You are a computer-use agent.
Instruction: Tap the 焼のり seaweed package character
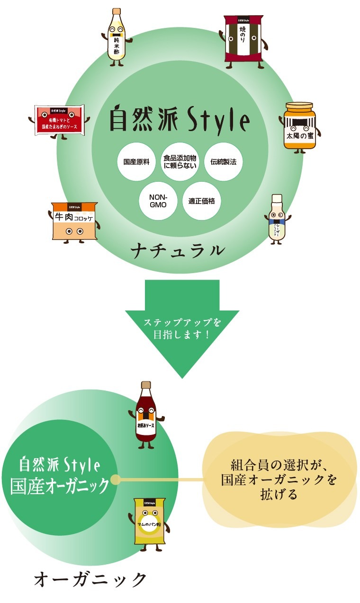tap(243, 39)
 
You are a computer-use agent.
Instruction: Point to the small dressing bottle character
tap(277, 219)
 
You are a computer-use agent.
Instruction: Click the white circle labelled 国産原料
tap(136, 161)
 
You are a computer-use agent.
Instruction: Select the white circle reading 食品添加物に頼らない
tap(180, 161)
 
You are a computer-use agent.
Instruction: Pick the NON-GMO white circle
tap(158, 201)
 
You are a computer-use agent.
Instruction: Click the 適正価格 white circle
tap(202, 201)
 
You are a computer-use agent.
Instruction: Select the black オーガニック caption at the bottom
tap(90, 580)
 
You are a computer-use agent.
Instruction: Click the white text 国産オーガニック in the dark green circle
tap(60, 487)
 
